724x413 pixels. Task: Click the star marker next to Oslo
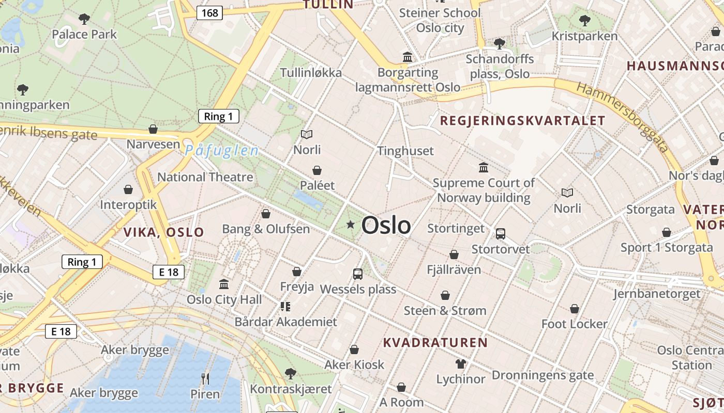pos(351,224)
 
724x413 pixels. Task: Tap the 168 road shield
pos(209,12)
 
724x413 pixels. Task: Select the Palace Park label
pos(84,35)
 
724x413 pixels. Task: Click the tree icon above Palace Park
pos(84,19)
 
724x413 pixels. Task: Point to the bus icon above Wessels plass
pos(358,274)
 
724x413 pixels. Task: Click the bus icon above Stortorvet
pos(500,234)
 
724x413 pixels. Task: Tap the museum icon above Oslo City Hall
pos(224,284)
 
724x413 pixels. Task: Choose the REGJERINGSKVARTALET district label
pos(522,121)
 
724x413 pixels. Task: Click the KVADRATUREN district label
pos(435,343)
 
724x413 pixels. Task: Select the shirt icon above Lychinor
pos(460,364)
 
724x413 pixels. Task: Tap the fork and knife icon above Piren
pos(205,379)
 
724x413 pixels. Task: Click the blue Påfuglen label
pos(221,151)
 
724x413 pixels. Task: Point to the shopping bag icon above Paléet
pos(317,170)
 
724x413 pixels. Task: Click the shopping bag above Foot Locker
pos(574,309)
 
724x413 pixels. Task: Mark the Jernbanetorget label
pos(657,294)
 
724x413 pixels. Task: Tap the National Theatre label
pos(205,177)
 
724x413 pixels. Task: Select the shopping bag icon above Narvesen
pos(153,129)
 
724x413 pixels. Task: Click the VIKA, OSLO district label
pos(163,232)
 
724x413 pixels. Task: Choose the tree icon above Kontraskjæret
pos(291,373)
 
